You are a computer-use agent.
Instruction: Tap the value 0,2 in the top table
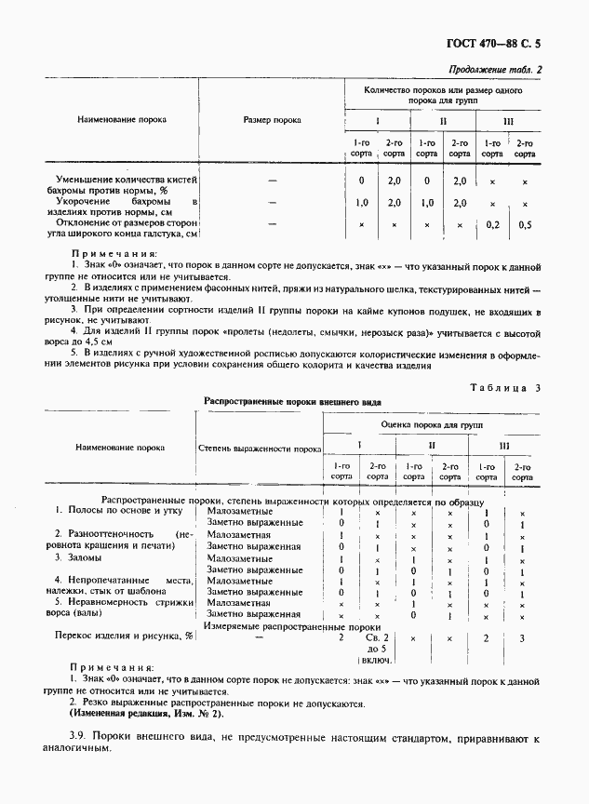tap(492, 224)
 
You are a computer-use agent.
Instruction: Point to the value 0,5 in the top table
tap(526, 224)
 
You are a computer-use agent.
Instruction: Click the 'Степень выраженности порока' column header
tap(260, 448)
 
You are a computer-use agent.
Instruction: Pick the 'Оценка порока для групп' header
tap(432, 422)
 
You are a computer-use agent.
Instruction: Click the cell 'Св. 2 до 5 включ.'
tap(378, 648)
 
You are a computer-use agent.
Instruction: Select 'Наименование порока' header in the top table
tap(121, 121)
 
